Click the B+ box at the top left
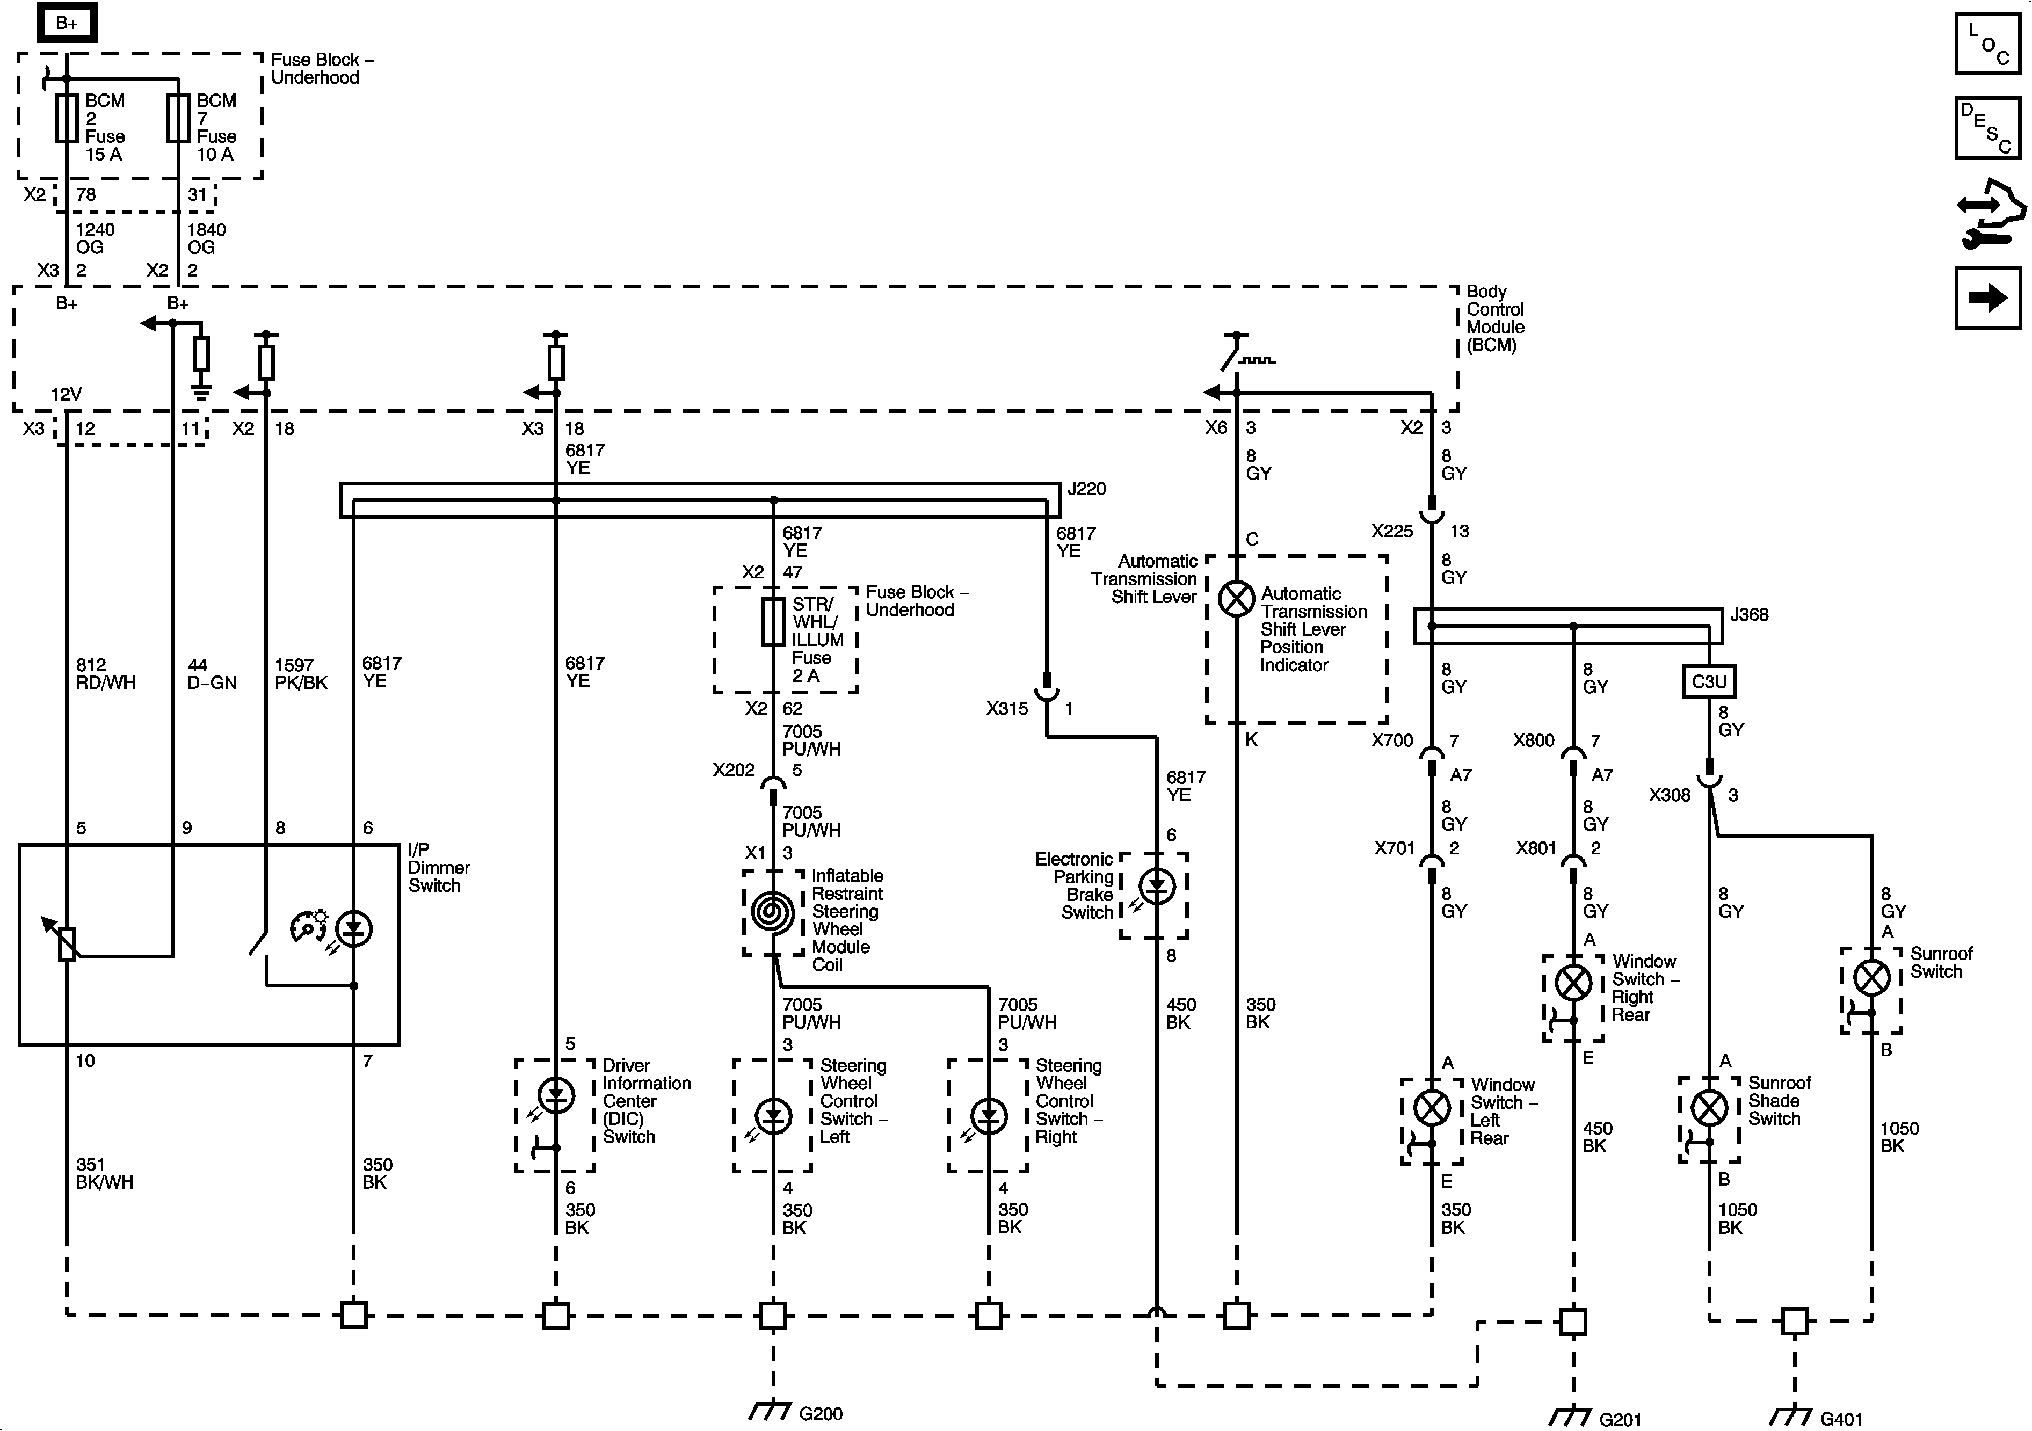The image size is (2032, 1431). point(67,24)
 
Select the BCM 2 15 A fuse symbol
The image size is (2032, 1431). point(67,119)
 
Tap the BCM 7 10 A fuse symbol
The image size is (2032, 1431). point(178,119)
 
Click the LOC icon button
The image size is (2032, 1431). point(1988,43)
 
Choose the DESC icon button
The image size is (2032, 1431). point(1988,128)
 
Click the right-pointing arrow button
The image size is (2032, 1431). point(1988,297)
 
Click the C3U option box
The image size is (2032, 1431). point(1709,681)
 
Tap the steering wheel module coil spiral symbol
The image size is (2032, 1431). point(773,912)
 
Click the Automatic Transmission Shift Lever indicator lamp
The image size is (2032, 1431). point(1236,599)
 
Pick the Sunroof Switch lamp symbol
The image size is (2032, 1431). point(1872,978)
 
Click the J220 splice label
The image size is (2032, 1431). point(1087,489)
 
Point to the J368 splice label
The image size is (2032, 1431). point(1749,614)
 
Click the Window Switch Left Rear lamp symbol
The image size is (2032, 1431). point(1432,1108)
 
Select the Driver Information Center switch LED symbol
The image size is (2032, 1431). point(556,1095)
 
